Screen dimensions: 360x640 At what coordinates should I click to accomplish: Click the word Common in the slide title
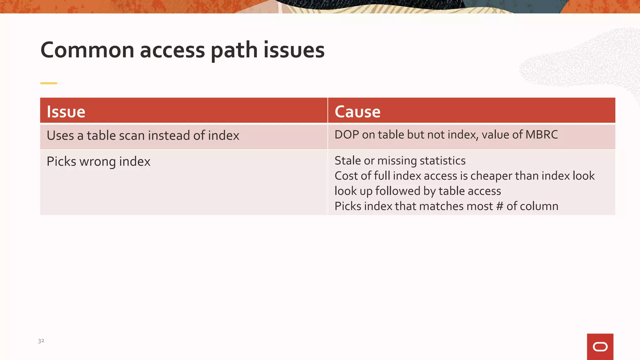(x=87, y=50)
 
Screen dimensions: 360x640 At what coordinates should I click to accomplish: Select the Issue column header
(x=66, y=112)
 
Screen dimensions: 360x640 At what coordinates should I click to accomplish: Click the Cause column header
(x=357, y=112)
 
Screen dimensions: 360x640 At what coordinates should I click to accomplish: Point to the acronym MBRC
(x=542, y=135)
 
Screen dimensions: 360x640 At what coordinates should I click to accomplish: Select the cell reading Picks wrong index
(x=98, y=162)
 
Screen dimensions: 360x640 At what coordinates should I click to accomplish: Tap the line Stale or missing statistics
(x=400, y=161)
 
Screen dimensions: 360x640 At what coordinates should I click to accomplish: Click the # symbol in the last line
(x=499, y=206)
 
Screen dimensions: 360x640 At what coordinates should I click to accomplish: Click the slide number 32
(x=41, y=341)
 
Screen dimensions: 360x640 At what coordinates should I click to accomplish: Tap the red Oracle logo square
(x=600, y=347)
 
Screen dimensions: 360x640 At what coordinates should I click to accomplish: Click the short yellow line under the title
(x=49, y=83)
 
